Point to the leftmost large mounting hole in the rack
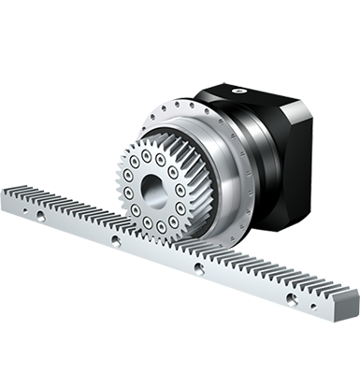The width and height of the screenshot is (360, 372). [42, 216]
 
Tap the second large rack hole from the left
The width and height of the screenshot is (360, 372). [115, 240]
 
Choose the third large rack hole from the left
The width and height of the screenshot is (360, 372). [198, 268]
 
